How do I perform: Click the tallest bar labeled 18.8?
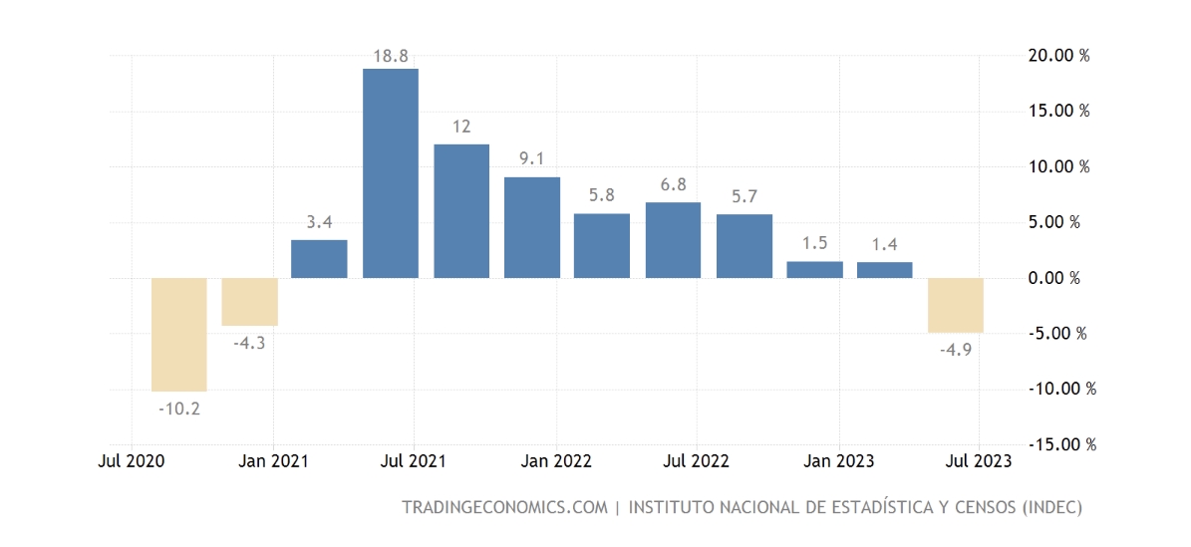(390, 173)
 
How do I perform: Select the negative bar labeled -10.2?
(178, 335)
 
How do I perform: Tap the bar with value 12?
(461, 211)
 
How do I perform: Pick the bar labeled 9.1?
(531, 227)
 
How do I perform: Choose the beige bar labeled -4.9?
(955, 305)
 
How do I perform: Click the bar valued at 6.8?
(673, 240)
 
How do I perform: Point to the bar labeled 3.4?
(319, 259)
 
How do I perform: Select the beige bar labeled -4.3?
(249, 302)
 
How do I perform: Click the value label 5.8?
(602, 195)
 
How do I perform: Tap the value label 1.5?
(814, 243)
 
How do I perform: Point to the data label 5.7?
(744, 196)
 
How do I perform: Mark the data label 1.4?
(885, 244)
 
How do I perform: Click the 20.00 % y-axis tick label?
(1058, 55)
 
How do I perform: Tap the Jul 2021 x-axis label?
(414, 461)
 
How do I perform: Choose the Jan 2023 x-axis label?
(838, 461)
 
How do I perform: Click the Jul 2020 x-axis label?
(132, 461)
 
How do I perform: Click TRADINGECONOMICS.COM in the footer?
(503, 507)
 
